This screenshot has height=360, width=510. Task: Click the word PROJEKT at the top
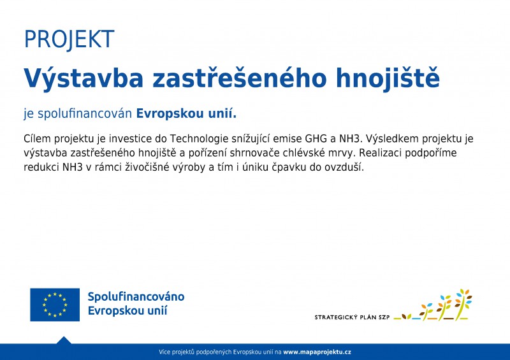coord(69,40)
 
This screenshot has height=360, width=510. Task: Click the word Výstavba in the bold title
coord(84,79)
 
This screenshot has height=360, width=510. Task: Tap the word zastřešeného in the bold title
coord(240,78)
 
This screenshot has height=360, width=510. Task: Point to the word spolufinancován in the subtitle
coord(85,114)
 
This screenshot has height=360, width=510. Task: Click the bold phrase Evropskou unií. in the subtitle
coord(186,114)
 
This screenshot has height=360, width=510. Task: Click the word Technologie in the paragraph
coord(199,139)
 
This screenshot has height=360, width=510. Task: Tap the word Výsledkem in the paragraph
coord(392,139)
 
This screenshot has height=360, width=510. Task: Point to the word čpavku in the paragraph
coord(287,168)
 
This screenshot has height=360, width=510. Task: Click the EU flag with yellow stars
coord(55,305)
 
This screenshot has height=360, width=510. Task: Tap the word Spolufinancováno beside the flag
coord(136,297)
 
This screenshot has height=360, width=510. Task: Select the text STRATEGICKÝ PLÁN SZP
coord(352,317)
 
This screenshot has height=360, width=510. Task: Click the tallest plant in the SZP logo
coord(463,304)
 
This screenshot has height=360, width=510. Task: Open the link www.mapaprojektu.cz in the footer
coord(317,352)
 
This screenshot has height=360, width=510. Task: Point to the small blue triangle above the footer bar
coord(64,340)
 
